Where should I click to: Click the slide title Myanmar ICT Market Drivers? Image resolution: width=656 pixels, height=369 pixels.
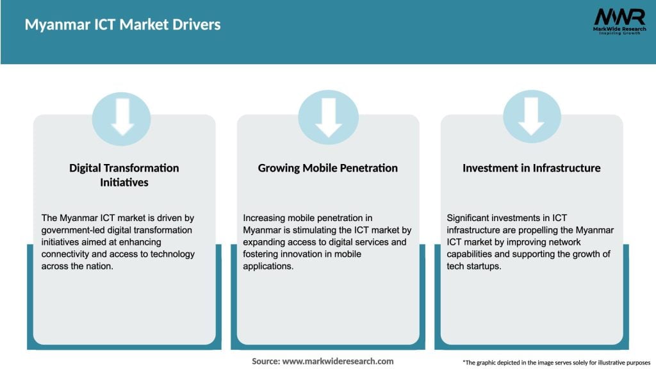coord(122,25)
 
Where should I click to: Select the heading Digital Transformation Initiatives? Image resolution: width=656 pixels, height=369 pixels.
coord(124,175)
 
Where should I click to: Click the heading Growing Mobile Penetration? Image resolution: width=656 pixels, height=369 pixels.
coord(328,168)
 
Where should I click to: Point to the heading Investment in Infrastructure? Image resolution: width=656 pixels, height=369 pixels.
coord(532,168)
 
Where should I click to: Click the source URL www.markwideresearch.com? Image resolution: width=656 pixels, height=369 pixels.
coord(338,361)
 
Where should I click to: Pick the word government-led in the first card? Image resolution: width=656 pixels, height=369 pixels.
coord(70,230)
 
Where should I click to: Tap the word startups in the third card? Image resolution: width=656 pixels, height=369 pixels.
coord(485,266)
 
